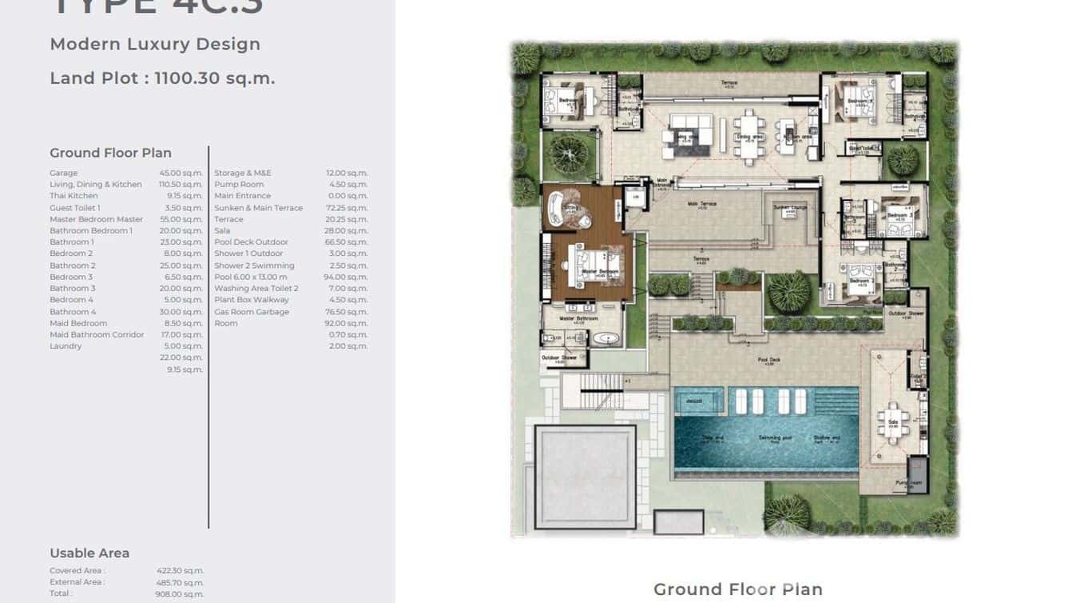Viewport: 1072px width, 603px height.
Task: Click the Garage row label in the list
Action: tap(64, 173)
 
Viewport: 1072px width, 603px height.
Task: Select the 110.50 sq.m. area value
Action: tap(181, 185)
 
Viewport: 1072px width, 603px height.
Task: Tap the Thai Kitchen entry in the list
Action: tap(73, 196)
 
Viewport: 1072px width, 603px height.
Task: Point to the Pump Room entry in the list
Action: tap(239, 185)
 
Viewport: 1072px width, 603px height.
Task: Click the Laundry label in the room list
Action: tap(66, 346)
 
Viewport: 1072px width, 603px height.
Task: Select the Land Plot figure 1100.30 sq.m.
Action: tap(214, 78)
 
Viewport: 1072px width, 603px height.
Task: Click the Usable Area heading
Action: tap(89, 553)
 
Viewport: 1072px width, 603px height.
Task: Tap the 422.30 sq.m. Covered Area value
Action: tap(180, 571)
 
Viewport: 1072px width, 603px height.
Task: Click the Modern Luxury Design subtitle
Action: tap(155, 44)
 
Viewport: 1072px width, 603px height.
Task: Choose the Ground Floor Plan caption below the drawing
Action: tap(737, 589)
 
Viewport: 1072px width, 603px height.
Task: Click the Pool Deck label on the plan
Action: tap(768, 361)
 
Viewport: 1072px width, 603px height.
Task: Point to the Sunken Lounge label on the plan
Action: tap(789, 207)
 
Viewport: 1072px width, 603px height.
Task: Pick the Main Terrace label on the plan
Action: tap(702, 204)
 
